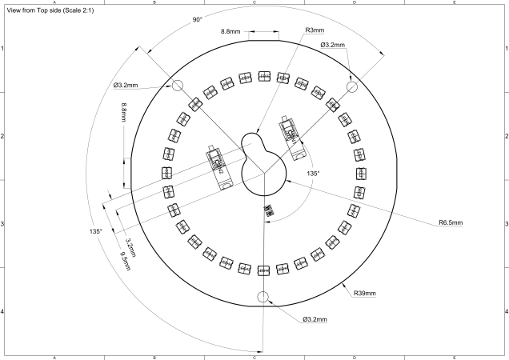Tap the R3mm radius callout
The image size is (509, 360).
[x=315, y=31]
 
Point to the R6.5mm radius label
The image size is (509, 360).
[x=450, y=222]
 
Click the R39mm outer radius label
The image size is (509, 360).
[x=364, y=294]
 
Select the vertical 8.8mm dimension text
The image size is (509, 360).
[x=124, y=115]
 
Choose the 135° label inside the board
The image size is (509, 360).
[x=312, y=173]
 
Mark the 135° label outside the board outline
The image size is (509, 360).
[x=95, y=231]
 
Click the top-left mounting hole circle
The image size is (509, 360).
[x=177, y=86]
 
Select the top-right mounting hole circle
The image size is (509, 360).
[x=351, y=86]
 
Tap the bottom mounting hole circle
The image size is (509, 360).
[x=263, y=297]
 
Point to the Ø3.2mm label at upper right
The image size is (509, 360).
[x=332, y=46]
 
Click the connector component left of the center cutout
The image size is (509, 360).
[x=218, y=167]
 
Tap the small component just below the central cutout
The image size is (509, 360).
[x=268, y=210]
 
